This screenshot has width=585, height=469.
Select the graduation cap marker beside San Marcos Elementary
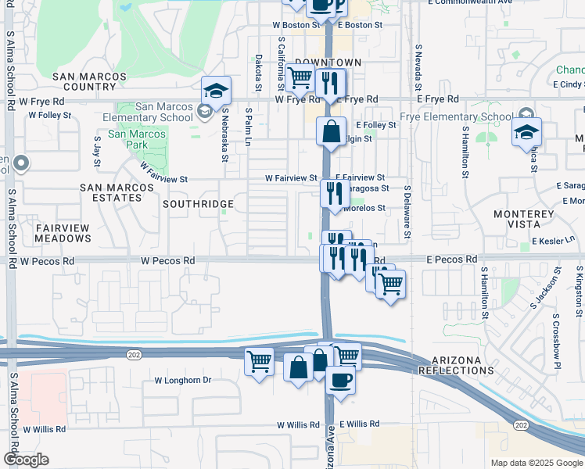[217, 91]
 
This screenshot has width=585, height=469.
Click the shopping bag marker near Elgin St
[332, 131]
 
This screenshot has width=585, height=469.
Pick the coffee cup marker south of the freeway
[339, 381]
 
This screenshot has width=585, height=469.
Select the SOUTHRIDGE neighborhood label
[198, 204]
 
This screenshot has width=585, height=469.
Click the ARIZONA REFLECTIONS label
[456, 364]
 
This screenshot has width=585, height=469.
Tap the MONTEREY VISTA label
[524, 218]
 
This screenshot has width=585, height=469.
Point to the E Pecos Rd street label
[451, 259]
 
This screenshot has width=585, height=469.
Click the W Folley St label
[49, 115]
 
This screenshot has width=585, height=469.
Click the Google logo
[25, 460]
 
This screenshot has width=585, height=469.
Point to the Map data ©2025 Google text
[536, 463]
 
